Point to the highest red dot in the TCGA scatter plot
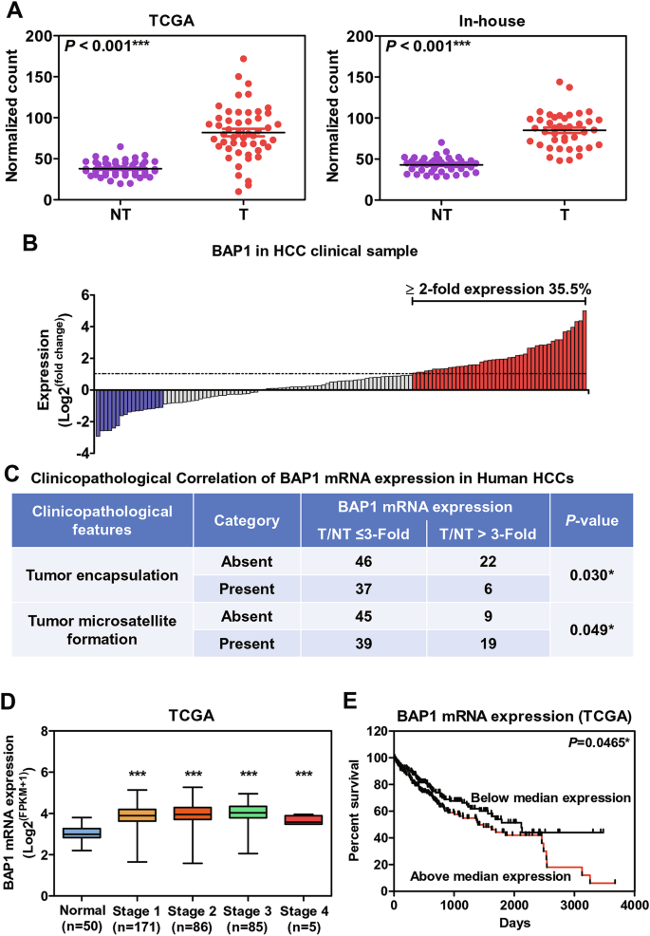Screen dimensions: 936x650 pyautogui.click(x=243, y=59)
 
